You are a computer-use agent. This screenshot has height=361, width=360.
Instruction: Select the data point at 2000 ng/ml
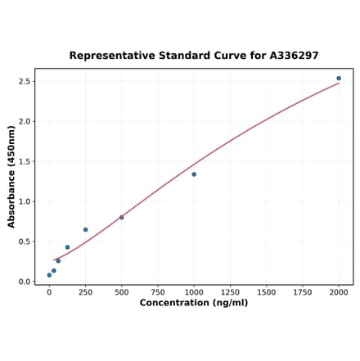[339, 79]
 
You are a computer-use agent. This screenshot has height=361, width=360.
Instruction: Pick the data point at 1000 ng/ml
[194, 174]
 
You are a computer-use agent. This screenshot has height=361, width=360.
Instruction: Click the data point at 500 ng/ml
[122, 217]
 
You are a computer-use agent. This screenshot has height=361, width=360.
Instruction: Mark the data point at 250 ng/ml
[85, 230]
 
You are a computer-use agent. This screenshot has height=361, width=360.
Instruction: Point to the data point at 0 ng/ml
[49, 275]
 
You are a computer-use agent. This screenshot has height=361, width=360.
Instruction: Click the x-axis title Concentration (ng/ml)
[194, 303]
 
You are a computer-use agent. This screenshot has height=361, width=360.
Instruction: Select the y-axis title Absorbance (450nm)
[11, 176]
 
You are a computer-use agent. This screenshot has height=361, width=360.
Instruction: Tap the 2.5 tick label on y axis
[24, 82]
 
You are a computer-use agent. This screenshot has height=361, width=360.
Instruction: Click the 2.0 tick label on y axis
[24, 122]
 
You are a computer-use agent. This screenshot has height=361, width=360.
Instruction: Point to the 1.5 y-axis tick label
[24, 162]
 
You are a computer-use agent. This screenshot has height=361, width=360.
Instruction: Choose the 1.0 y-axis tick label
[24, 201]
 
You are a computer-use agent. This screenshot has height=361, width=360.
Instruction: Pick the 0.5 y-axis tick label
[24, 241]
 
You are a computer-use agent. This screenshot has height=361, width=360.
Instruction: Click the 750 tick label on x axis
[158, 291]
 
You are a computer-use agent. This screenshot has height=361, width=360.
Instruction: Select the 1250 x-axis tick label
[230, 291]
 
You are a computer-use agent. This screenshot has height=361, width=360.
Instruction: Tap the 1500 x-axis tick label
[267, 291]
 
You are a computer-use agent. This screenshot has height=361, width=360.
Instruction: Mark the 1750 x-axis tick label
[303, 291]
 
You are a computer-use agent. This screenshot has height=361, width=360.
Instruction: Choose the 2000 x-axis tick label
[339, 291]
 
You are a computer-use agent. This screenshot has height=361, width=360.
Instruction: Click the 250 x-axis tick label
[85, 291]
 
